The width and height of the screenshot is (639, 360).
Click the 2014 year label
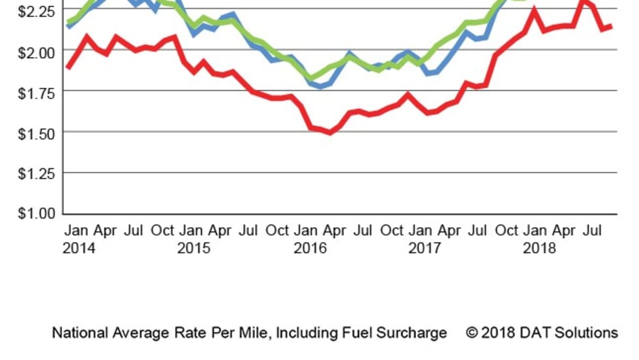coord(79,248)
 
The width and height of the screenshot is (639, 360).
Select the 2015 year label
coord(194,248)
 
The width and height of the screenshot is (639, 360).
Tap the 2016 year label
coord(310,248)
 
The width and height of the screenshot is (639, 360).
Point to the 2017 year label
coord(425,248)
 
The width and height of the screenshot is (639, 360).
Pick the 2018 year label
coord(540,248)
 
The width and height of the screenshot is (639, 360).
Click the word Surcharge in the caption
coord(414,333)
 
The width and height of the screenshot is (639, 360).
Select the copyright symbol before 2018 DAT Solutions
coord(472,333)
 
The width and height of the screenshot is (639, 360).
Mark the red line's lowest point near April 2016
coord(330,132)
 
